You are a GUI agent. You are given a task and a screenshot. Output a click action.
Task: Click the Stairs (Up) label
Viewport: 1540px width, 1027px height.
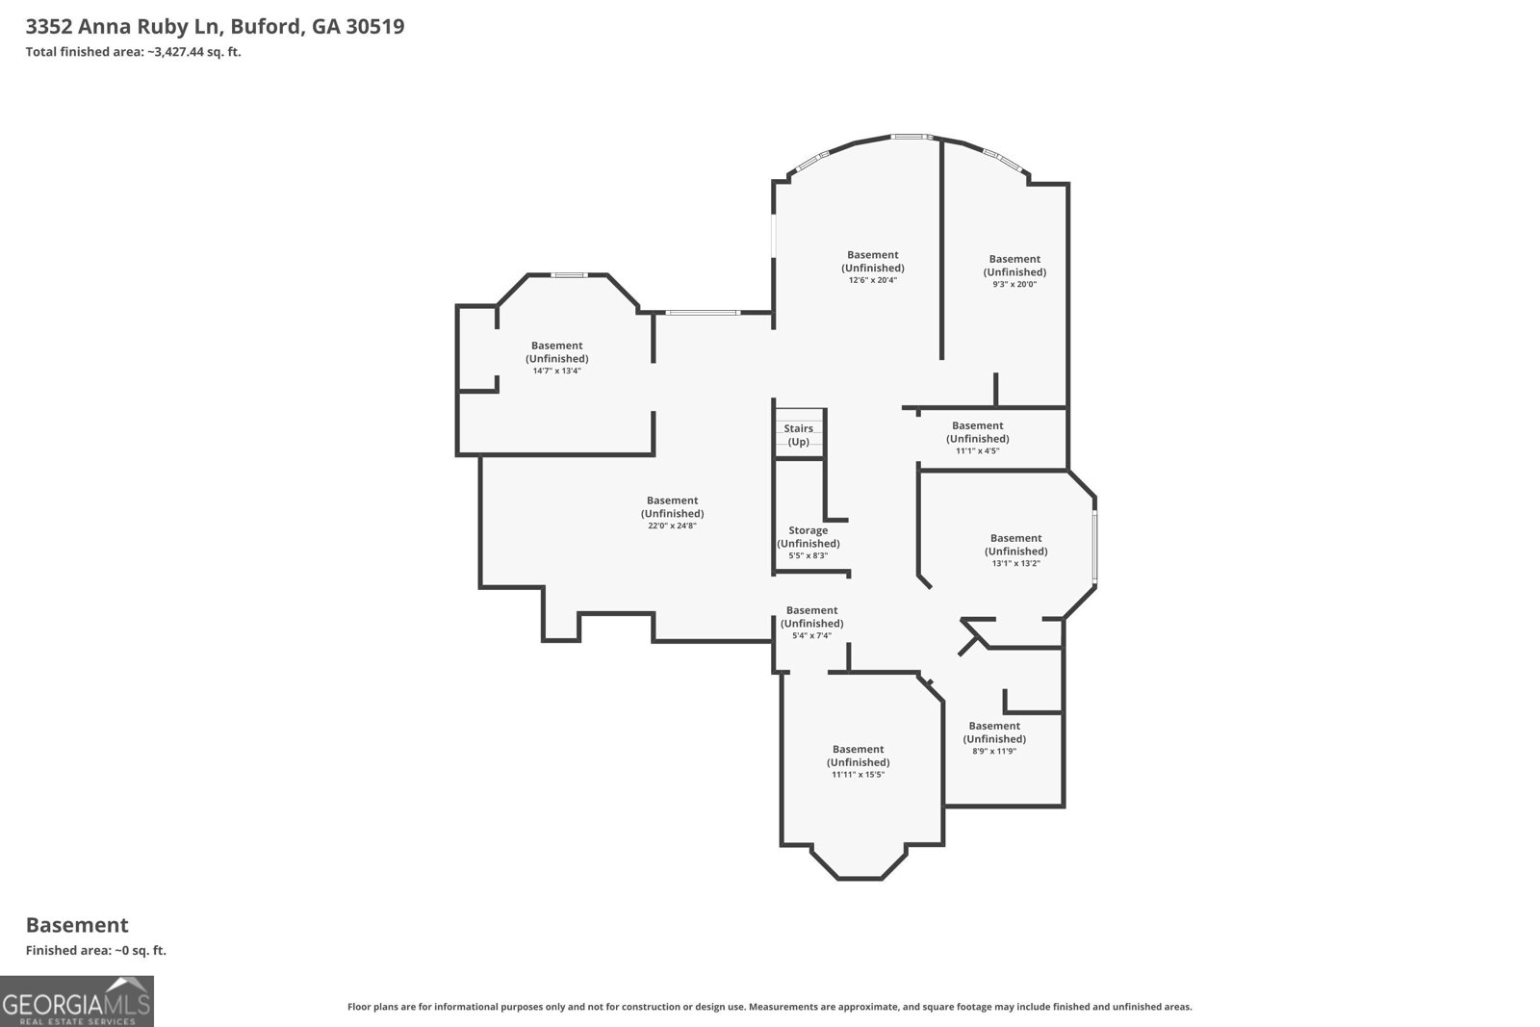(x=798, y=435)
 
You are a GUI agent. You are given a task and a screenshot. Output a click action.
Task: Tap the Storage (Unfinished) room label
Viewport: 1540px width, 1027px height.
(x=808, y=537)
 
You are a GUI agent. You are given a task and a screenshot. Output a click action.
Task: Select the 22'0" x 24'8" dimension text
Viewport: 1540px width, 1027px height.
(x=672, y=526)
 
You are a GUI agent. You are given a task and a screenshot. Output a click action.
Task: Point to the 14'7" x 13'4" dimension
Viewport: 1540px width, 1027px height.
(x=557, y=371)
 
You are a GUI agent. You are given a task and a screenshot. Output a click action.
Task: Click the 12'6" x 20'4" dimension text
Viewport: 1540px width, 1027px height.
(x=872, y=280)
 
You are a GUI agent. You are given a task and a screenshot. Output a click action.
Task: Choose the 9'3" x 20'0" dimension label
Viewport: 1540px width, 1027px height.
(x=1014, y=284)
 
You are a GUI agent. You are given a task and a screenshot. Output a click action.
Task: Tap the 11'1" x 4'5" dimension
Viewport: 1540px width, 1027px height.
(x=977, y=451)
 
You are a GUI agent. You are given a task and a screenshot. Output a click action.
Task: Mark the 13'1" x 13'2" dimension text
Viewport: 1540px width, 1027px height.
(x=1015, y=563)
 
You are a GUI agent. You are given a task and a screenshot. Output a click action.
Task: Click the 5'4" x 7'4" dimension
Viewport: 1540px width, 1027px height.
(x=811, y=635)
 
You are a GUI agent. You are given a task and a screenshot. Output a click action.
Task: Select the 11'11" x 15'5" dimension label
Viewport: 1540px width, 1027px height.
(x=858, y=774)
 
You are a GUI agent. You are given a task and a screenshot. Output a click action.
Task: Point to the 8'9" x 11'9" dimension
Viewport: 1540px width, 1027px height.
(x=994, y=751)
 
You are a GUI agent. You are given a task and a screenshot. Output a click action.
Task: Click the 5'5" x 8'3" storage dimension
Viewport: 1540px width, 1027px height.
(x=808, y=555)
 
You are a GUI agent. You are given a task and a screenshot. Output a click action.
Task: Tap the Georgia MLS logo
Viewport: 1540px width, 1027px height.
(x=76, y=1001)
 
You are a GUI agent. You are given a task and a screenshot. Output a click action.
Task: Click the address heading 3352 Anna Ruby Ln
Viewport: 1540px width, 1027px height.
(x=124, y=26)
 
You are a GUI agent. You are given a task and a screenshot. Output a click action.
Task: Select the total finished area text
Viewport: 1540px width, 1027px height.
(x=134, y=52)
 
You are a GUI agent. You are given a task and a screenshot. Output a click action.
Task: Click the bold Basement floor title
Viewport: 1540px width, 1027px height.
(x=77, y=925)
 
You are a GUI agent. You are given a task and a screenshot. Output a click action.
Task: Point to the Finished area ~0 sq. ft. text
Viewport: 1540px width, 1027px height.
(x=96, y=950)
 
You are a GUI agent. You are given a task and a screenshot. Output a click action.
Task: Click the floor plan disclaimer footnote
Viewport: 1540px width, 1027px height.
(x=769, y=1007)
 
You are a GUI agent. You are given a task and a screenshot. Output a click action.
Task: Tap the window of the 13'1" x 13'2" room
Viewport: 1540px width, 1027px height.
(x=1094, y=547)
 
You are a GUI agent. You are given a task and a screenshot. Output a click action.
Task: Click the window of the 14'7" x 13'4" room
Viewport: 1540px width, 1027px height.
(x=569, y=275)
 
